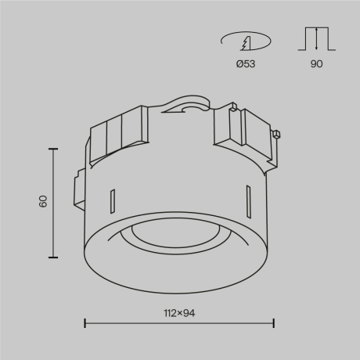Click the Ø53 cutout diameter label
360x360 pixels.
[247, 64]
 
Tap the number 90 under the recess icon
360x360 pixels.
[316, 64]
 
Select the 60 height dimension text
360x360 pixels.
[43, 201]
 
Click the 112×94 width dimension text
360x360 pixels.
[179, 314]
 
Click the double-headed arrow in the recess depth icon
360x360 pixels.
[316, 39]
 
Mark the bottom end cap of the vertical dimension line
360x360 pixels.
[53, 257]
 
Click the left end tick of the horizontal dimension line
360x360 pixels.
[85, 322]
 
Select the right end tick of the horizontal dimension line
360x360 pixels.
[273, 322]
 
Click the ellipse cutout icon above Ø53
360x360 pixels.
[246, 39]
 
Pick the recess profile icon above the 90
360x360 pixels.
[316, 40]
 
